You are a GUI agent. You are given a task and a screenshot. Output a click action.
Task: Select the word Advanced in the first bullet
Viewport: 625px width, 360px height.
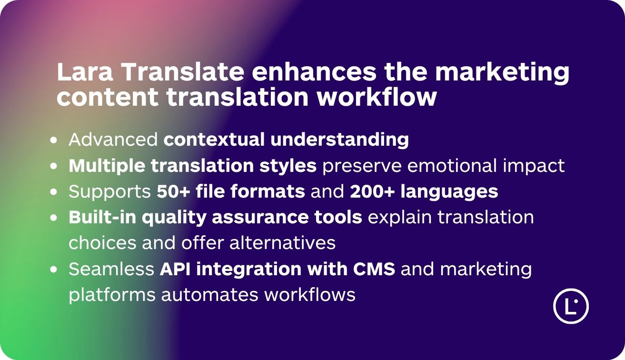[x=113, y=140]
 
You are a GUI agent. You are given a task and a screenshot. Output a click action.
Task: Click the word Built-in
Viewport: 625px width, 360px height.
[x=102, y=217]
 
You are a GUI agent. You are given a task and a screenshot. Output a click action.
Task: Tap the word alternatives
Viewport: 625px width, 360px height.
[x=283, y=243]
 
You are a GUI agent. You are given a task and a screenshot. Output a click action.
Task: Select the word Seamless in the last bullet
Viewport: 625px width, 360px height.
[x=111, y=269]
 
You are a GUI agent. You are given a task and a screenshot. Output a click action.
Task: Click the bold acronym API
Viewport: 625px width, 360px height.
[x=175, y=269]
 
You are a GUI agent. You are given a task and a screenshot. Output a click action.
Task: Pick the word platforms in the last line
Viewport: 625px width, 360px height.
[x=112, y=295]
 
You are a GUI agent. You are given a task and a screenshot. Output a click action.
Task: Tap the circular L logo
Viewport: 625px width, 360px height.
[x=571, y=306]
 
